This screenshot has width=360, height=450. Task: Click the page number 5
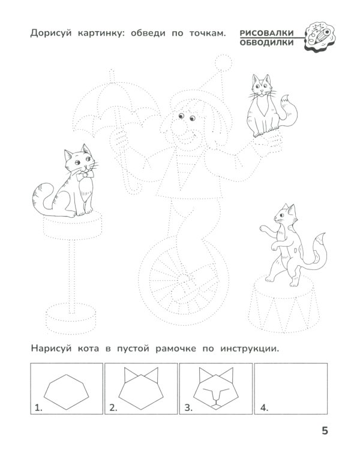click(325, 430)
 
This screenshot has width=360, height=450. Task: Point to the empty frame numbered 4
click(291, 389)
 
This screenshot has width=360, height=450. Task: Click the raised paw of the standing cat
click(265, 229)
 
